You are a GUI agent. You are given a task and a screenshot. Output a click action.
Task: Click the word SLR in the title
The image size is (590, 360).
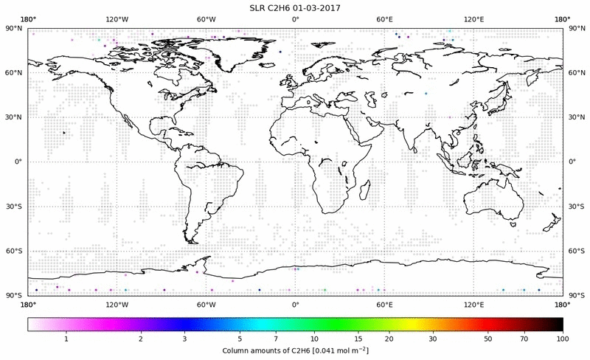click(261, 7)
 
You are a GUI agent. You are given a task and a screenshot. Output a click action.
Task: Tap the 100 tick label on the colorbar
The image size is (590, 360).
click(562, 338)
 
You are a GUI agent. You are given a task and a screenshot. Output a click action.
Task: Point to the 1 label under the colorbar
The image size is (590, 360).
click(66, 338)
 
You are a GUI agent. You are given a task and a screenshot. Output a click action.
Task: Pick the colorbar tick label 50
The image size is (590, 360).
click(488, 338)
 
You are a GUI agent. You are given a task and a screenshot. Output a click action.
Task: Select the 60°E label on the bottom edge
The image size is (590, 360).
click(384, 303)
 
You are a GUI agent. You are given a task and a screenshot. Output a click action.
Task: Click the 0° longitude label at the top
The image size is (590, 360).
click(295, 18)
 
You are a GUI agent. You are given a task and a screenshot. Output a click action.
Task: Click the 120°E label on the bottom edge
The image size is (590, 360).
click(473, 303)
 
